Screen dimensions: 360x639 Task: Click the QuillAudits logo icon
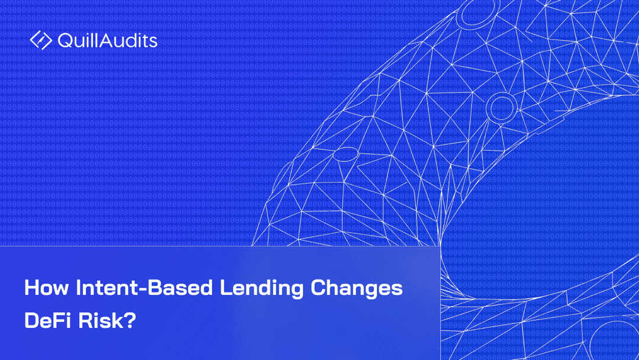(41, 40)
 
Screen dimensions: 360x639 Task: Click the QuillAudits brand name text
(107, 41)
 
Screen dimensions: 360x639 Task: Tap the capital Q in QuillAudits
(65, 41)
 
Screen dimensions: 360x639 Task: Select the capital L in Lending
(225, 288)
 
